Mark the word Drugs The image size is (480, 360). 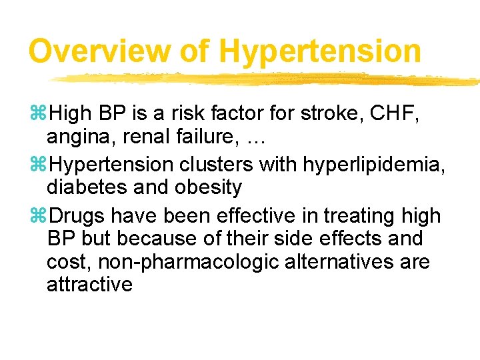pyautogui.click(x=78, y=216)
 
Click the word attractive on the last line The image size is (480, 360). pyautogui.click(x=89, y=285)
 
